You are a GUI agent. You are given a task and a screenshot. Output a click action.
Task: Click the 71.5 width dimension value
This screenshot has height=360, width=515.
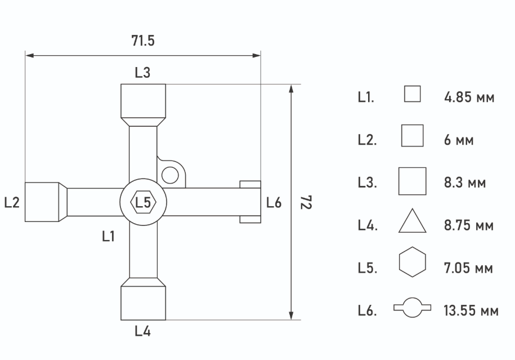click(142, 41)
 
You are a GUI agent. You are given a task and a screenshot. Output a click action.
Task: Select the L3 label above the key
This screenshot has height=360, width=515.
click(142, 73)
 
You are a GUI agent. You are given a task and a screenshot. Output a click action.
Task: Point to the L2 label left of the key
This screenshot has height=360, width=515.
click(12, 203)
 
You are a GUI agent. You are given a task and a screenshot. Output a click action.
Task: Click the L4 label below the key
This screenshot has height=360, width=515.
click(142, 331)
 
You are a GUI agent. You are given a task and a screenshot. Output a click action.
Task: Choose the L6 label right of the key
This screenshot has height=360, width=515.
click(274, 203)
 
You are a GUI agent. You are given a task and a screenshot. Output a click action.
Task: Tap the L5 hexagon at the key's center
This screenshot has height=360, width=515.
click(143, 202)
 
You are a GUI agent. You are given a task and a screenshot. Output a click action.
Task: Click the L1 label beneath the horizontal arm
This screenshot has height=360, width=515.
click(109, 237)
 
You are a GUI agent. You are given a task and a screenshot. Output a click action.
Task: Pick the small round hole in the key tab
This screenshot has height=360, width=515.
click(169, 175)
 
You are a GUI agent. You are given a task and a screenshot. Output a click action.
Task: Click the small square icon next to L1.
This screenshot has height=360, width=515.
click(413, 94)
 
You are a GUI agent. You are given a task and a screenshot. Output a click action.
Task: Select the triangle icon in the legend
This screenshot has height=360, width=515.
click(413, 221)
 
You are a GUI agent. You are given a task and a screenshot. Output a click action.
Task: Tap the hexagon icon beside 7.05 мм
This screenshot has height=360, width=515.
click(413, 264)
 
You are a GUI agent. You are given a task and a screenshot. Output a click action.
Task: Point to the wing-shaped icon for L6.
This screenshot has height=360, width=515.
click(413, 308)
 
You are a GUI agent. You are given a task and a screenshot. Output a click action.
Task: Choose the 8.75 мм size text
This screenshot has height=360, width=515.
click(469, 226)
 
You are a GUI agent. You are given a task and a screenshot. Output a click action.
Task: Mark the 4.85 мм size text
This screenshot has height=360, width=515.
click(469, 97)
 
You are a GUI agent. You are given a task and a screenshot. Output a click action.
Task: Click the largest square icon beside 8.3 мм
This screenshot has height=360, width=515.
click(413, 181)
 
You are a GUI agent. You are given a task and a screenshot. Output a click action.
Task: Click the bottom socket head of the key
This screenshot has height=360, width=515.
click(144, 301)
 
